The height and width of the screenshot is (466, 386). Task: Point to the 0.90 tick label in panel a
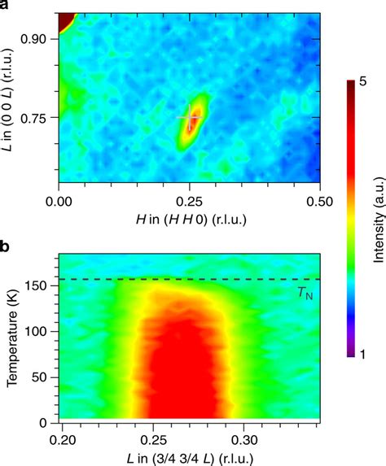pyautogui.click(x=36, y=38)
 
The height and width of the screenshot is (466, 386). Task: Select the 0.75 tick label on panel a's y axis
pyautogui.click(x=36, y=118)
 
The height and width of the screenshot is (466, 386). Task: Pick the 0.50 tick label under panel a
pyautogui.click(x=320, y=199)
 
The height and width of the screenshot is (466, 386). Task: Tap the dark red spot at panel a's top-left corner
pyautogui.click(x=65, y=21)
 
